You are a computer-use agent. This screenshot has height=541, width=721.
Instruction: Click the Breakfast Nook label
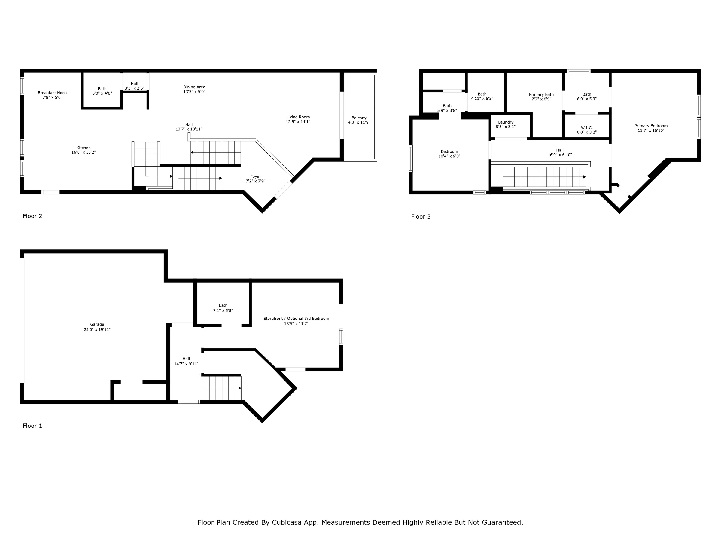(x=52, y=93)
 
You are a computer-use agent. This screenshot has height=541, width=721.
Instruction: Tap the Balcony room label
(x=359, y=118)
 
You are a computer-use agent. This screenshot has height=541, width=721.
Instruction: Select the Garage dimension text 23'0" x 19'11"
(x=97, y=330)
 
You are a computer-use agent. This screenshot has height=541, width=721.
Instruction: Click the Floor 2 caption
(x=32, y=216)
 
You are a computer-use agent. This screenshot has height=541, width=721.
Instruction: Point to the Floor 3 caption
(x=421, y=216)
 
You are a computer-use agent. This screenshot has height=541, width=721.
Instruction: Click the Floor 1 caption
(x=32, y=426)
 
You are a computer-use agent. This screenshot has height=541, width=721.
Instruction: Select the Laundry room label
(x=506, y=122)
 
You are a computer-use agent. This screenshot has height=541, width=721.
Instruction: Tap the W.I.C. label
(x=587, y=128)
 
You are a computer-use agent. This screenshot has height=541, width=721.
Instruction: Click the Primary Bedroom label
(x=651, y=126)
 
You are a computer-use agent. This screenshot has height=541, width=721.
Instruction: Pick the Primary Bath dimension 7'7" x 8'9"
(x=541, y=99)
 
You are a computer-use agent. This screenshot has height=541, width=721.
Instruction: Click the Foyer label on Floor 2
(x=256, y=176)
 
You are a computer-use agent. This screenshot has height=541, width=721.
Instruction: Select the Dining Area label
(x=194, y=87)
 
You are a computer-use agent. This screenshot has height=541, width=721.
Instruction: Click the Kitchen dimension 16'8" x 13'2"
(x=84, y=152)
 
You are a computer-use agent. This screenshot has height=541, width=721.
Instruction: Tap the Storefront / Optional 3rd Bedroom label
(x=296, y=319)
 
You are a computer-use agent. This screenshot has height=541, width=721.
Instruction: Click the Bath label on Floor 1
(x=223, y=306)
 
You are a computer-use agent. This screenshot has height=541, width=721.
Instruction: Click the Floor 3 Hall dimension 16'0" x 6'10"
(x=560, y=155)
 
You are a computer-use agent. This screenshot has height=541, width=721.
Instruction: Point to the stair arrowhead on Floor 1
(x=240, y=388)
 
